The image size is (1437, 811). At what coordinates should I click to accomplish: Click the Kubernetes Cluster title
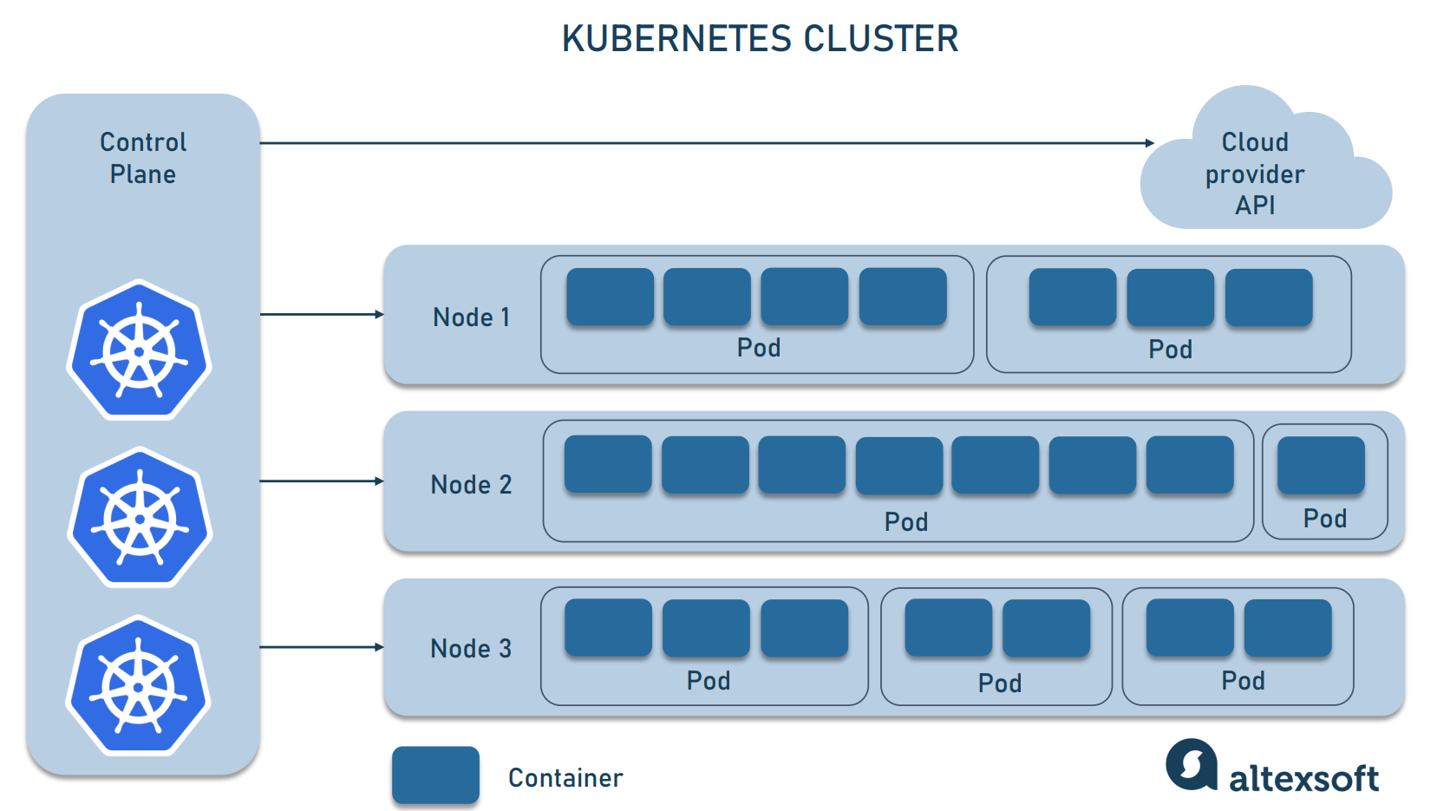760,39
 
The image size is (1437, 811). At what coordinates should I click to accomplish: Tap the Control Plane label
143,158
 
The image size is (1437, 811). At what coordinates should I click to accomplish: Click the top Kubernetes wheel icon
140,350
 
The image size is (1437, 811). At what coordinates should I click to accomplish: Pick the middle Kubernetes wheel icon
140,518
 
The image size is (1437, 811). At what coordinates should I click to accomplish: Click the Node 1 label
471,317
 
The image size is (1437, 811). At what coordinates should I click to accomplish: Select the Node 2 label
471,485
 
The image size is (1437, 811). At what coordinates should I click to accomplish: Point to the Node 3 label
471,649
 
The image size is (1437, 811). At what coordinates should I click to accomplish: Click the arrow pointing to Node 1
322,314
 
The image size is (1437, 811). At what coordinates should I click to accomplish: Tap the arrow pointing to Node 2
322,481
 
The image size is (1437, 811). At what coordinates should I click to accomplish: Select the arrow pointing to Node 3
322,647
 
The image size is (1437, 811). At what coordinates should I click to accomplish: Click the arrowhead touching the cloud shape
1149,143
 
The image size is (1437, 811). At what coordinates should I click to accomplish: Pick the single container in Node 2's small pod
1321,465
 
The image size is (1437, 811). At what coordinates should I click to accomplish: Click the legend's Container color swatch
435,775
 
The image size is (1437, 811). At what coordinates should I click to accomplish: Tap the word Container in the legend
565,778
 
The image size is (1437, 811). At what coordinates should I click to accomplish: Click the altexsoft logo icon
1191,764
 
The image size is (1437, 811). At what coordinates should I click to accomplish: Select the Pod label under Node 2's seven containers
906,522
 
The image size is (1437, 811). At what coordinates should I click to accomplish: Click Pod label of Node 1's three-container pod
1170,350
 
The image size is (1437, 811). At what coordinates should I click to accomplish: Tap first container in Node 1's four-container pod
610,297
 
